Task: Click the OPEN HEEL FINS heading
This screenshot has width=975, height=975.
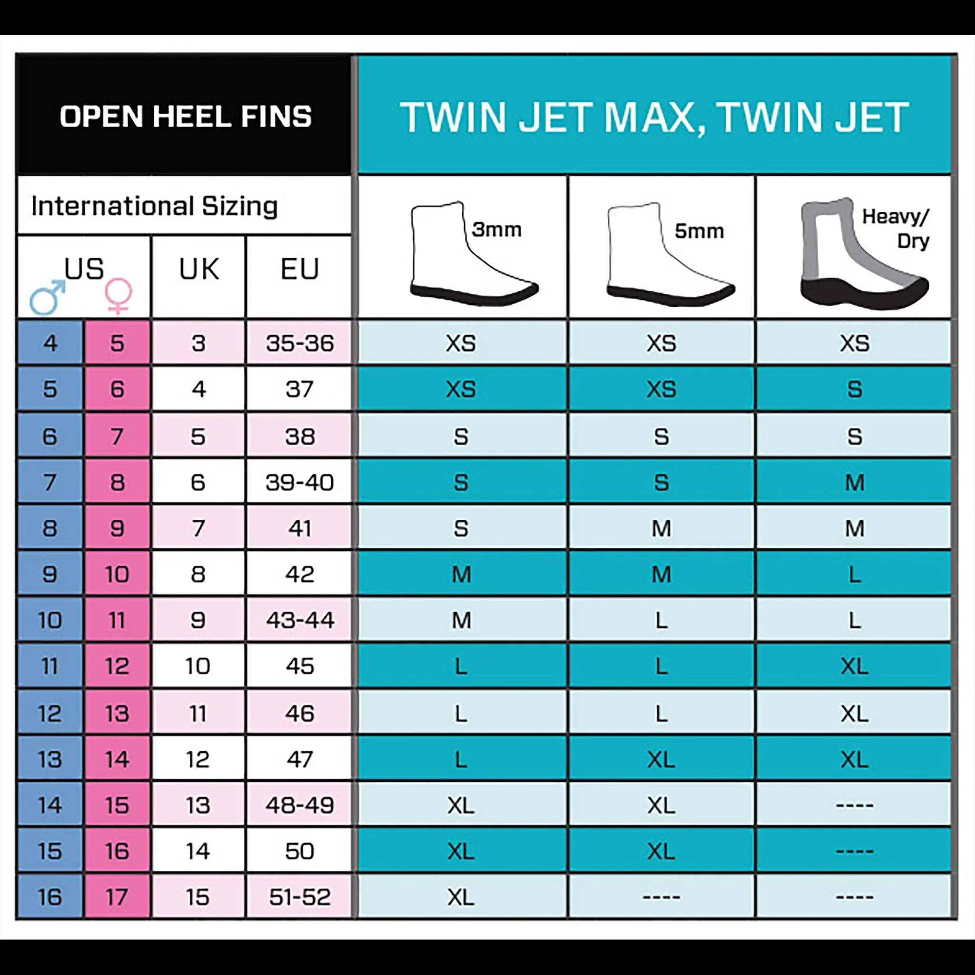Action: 186,117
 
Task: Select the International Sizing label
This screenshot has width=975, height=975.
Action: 154,206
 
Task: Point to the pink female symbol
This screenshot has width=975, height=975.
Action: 119,296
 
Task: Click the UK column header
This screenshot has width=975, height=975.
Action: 199,269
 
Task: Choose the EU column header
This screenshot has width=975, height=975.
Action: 300,269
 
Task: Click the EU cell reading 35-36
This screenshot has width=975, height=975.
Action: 300,343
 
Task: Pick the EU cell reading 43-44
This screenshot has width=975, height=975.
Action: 300,620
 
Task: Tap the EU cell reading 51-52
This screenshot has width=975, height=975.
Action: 300,897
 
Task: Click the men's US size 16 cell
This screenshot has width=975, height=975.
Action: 50,897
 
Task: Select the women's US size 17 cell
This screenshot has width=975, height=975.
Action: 117,897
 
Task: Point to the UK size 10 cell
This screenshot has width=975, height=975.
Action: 199,666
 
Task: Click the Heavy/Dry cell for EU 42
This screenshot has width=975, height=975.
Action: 854,574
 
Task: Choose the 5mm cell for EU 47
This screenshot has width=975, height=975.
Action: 661,759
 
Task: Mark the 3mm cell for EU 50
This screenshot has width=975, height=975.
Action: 461,851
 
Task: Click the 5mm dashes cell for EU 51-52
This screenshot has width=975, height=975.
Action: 661,897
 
